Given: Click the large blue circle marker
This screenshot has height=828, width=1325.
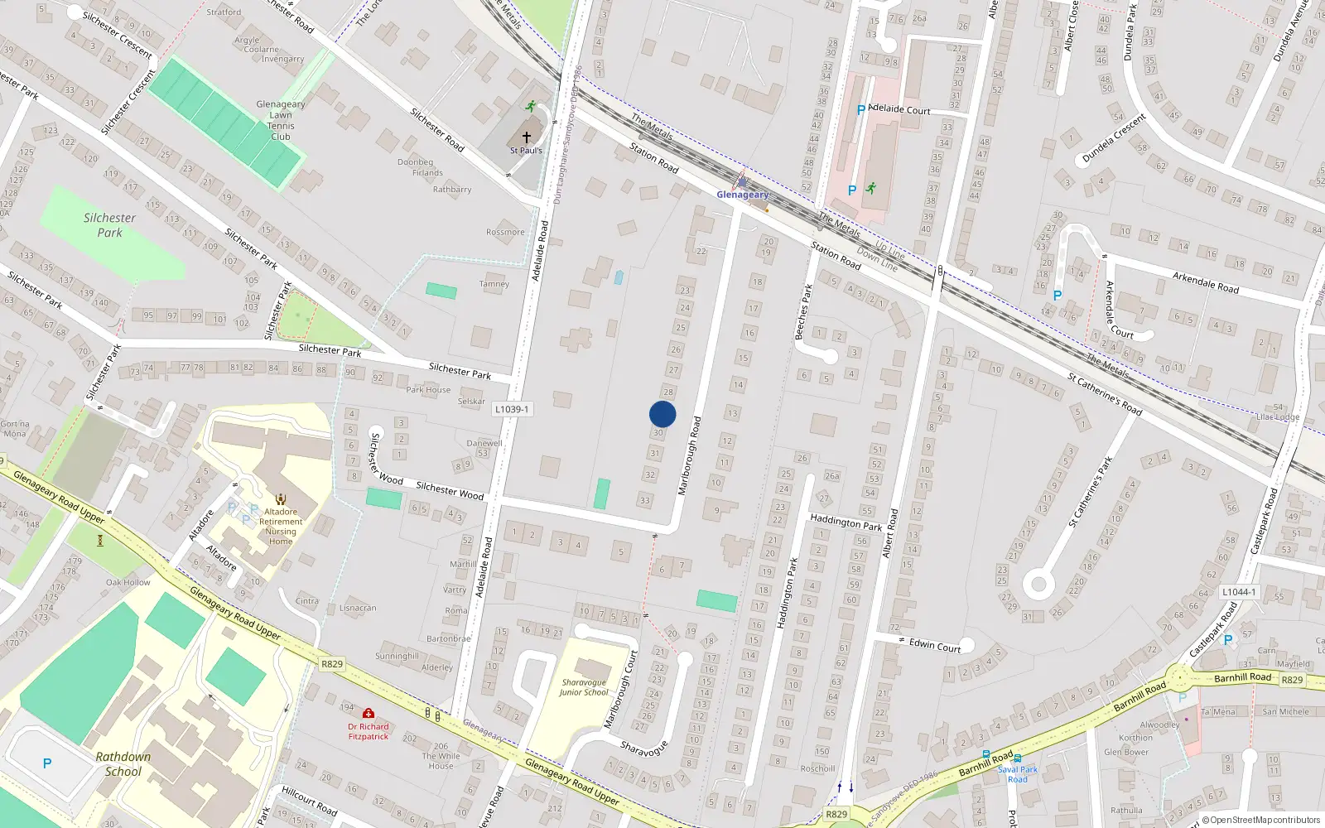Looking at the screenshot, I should tap(662, 414).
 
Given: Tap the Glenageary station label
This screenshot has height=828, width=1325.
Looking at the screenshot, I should tap(742, 195).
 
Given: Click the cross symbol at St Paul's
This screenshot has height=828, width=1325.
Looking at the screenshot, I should tap(526, 137).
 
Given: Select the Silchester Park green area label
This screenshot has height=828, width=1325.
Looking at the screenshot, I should tap(109, 225).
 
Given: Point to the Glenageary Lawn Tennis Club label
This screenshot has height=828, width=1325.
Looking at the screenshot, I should tap(281, 121).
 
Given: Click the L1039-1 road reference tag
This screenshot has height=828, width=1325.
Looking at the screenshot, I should tap(512, 409).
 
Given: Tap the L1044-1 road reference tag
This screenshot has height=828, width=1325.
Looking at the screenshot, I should tap(1239, 592).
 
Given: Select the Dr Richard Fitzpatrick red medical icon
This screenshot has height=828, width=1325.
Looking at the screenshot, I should tap(369, 713).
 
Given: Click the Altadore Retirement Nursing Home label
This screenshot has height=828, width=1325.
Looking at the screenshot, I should tap(281, 527).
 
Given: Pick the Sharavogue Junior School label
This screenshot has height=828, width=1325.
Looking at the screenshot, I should tap(585, 688).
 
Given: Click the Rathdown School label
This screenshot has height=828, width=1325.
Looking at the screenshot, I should tap(123, 764).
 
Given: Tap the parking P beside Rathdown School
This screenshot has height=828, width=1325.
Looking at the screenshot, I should tap(47, 763).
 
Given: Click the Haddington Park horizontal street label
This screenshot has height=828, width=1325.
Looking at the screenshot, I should tap(846, 522).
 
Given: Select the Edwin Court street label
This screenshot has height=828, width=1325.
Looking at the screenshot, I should tap(935, 645).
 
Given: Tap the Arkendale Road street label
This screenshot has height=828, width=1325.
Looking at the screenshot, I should tap(1205, 282).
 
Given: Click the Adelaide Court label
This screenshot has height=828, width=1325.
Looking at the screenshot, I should tap(899, 109).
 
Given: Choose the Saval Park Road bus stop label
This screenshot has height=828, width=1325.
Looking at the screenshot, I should tap(1017, 774).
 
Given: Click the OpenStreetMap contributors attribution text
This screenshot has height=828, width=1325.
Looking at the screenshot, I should tap(1265, 820).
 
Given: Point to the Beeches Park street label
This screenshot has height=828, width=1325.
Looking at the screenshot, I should tap(802, 312).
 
